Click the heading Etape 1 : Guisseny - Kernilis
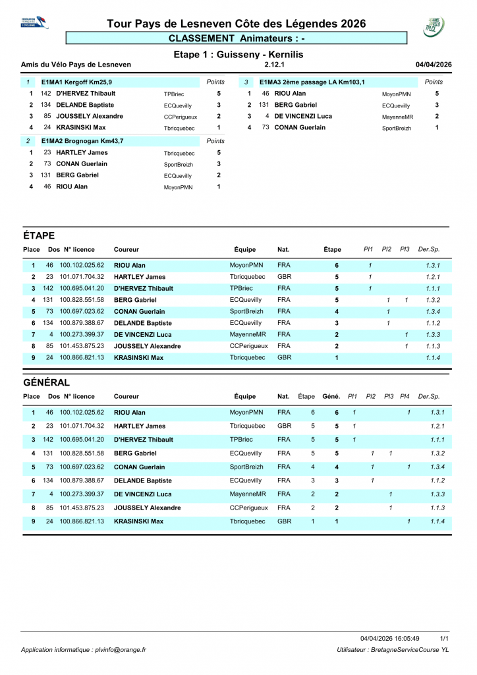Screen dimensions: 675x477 point(238,54)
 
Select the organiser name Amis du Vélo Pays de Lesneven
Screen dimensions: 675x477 point(76,65)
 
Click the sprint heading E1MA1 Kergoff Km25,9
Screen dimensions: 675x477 point(78,82)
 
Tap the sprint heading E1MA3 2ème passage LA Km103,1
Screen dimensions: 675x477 point(312,82)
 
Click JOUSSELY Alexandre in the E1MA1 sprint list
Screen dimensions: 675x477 point(90,116)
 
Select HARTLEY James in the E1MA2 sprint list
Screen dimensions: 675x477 point(82,152)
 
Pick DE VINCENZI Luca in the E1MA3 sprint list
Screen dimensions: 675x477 point(303,116)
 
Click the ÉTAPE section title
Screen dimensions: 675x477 point(39,235)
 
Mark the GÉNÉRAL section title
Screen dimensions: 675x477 point(46,382)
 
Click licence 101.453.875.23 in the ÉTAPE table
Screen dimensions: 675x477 point(82,345)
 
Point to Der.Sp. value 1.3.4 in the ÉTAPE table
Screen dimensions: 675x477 point(433,311)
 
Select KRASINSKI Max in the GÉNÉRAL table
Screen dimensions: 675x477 point(139,521)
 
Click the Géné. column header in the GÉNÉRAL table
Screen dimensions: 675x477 point(331,397)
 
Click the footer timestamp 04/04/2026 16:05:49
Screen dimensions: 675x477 point(390,639)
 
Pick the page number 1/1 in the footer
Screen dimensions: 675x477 point(445,639)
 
